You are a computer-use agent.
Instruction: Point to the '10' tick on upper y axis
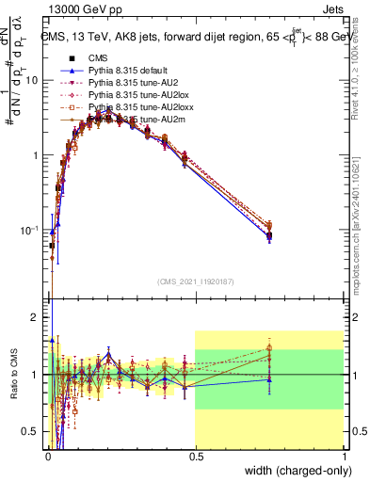[x=34, y=81]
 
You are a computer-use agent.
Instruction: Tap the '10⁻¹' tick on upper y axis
[x=31, y=230]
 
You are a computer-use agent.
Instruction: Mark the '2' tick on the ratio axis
[x=37, y=316]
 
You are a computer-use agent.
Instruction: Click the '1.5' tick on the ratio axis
[x=33, y=345]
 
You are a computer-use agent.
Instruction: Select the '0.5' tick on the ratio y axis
[x=33, y=431]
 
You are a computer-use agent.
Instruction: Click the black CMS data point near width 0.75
[x=269, y=235]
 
